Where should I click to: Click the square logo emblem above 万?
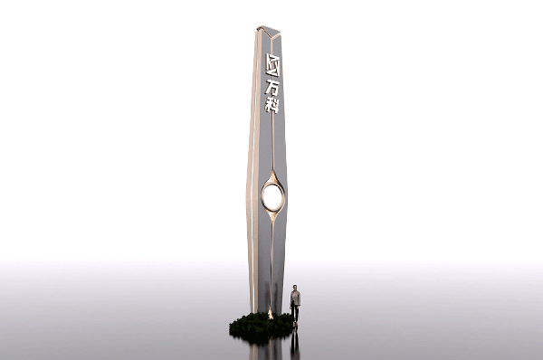pyautogui.click(x=272, y=65)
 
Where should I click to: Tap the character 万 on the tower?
pyautogui.click(x=271, y=88)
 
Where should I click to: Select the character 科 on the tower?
pyautogui.click(x=271, y=105)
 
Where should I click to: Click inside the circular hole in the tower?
pyautogui.click(x=272, y=196)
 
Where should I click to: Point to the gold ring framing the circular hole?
pyautogui.click(x=262, y=196)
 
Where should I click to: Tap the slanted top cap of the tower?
pyautogui.click(x=269, y=32)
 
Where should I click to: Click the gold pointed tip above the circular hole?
pyautogui.click(x=273, y=175)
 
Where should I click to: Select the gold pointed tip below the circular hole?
pyautogui.click(x=273, y=217)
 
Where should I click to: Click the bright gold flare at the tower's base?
pyautogui.click(x=270, y=314)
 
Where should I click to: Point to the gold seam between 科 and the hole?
pyautogui.click(x=273, y=142)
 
